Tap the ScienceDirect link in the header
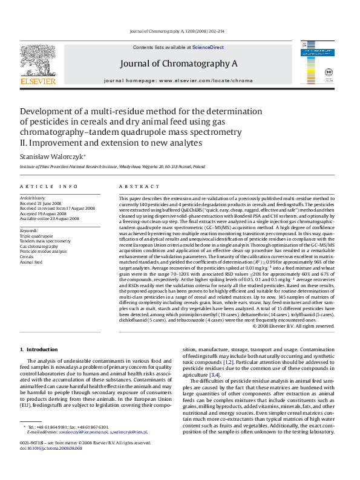[208, 47]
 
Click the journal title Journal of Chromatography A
[178, 63]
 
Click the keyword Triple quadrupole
[36, 236]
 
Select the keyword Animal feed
[31, 262]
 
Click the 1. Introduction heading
[39, 349]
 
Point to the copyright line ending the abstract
[293, 325]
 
